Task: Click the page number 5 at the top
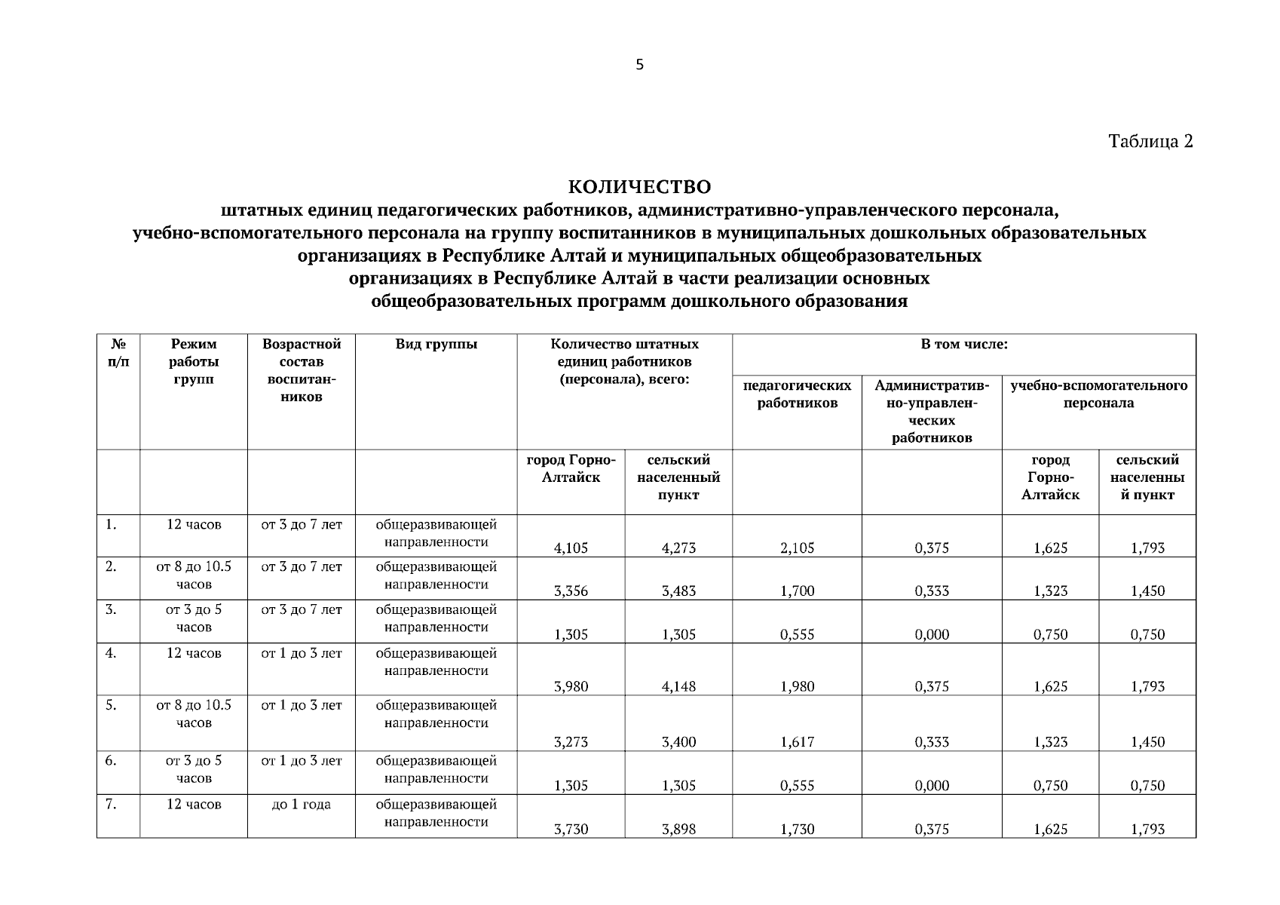tap(639, 65)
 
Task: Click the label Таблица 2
tap(1150, 141)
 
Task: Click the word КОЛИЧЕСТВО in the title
tap(639, 186)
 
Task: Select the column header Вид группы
tap(436, 345)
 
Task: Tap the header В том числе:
tap(963, 345)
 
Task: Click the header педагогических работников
tap(797, 394)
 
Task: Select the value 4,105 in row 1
tap(571, 548)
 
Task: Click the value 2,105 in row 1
tap(797, 548)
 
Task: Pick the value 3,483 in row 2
tap(678, 591)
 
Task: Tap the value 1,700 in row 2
tap(797, 591)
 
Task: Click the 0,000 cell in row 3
tap(932, 635)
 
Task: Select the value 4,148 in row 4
tap(678, 686)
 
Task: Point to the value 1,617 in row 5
tap(797, 742)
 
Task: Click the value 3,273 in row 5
tap(571, 742)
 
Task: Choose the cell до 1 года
tap(301, 805)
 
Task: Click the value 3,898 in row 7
tap(678, 830)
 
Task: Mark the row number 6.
tap(111, 761)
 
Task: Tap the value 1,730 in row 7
tap(797, 830)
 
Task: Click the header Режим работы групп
tap(193, 361)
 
